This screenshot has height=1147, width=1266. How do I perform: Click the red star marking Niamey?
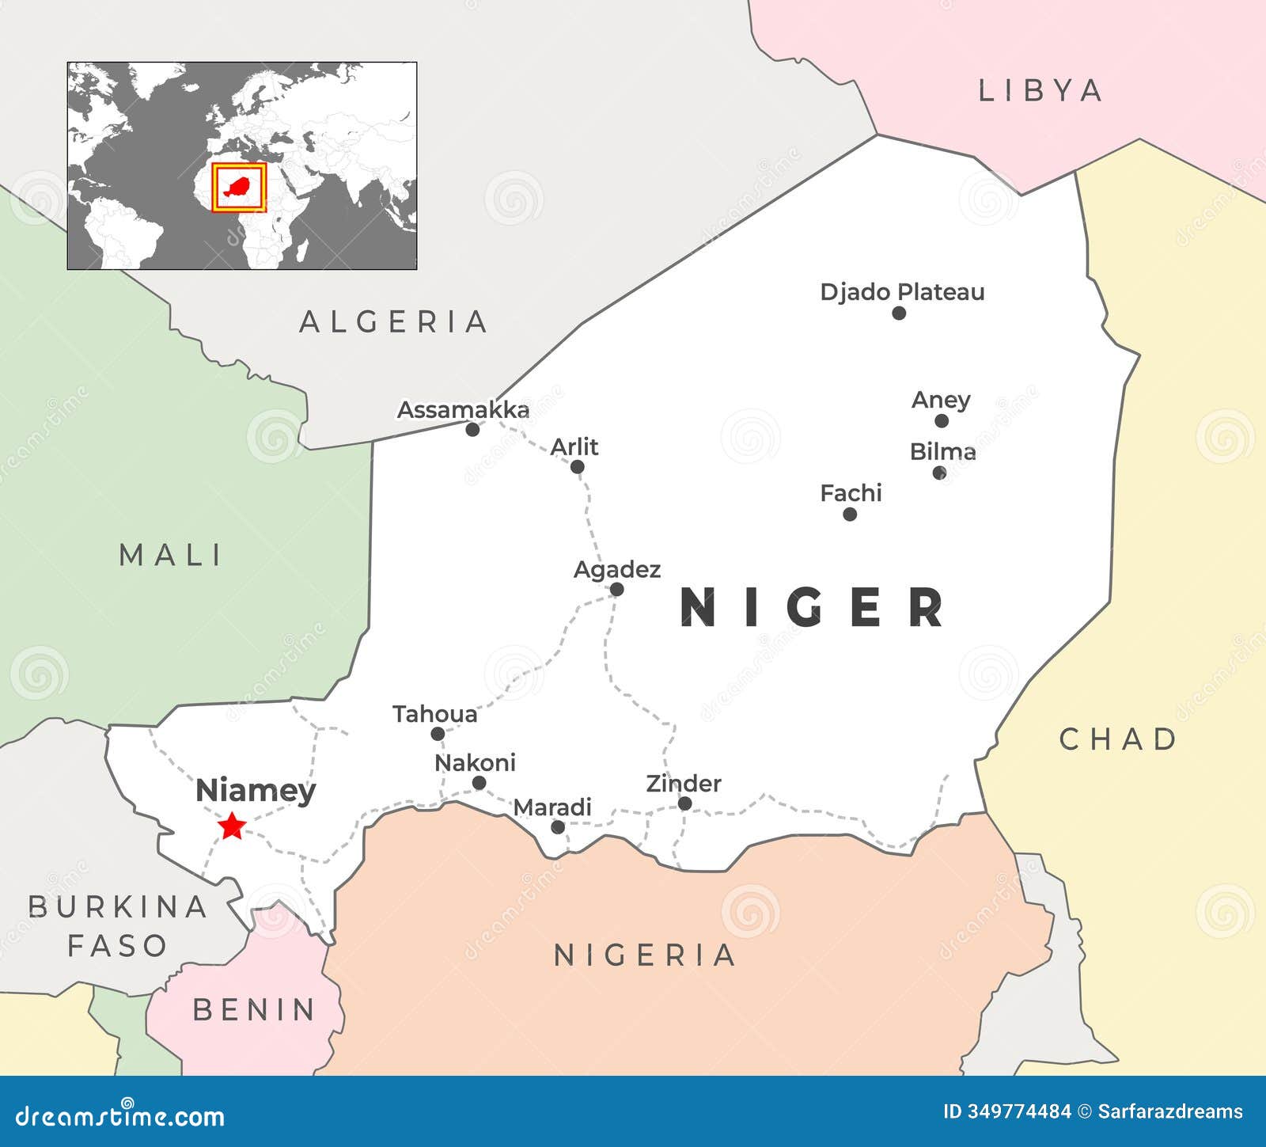[232, 826]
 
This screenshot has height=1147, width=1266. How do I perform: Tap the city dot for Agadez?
[616, 589]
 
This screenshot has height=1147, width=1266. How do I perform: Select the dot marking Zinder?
[685, 803]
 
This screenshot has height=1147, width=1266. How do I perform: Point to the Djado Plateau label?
[902, 292]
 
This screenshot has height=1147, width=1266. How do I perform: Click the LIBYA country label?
[1040, 91]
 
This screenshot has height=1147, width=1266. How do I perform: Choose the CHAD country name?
[1118, 739]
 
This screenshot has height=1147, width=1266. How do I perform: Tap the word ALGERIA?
[393, 322]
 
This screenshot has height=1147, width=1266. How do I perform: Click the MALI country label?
[170, 555]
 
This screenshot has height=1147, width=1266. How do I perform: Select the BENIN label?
[254, 1010]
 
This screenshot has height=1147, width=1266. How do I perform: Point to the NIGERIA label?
[645, 955]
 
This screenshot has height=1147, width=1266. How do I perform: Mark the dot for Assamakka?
[472, 430]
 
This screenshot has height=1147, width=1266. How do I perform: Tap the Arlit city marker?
[578, 467]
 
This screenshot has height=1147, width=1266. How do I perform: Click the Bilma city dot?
[939, 473]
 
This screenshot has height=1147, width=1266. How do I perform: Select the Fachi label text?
[851, 493]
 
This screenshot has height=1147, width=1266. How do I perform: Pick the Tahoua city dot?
[438, 734]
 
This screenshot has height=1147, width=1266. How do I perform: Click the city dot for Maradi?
[558, 827]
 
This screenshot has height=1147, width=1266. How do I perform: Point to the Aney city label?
[940, 401]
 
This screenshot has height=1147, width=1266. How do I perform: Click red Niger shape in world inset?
[238, 188]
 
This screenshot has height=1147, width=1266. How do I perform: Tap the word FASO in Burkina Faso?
[117, 945]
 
